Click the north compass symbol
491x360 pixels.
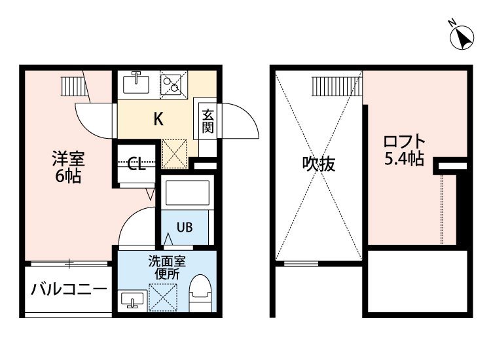click(462, 37)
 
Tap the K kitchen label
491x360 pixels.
click(158, 119)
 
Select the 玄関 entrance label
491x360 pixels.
click(208, 122)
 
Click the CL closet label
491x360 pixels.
click(137, 164)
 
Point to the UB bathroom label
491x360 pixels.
click(185, 227)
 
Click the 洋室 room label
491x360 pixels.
click(68, 158)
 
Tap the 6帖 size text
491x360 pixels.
click(68, 176)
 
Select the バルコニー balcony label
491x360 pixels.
click(69, 289)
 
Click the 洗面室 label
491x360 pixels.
click(167, 261)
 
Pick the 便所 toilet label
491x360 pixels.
click(167, 274)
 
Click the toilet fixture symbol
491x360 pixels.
click(200, 293)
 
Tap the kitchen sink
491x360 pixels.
click(136, 82)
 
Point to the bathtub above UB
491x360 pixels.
click(187, 192)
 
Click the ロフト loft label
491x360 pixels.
click(405, 142)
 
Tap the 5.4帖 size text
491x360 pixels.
click(405, 158)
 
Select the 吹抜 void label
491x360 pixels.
click(319, 164)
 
